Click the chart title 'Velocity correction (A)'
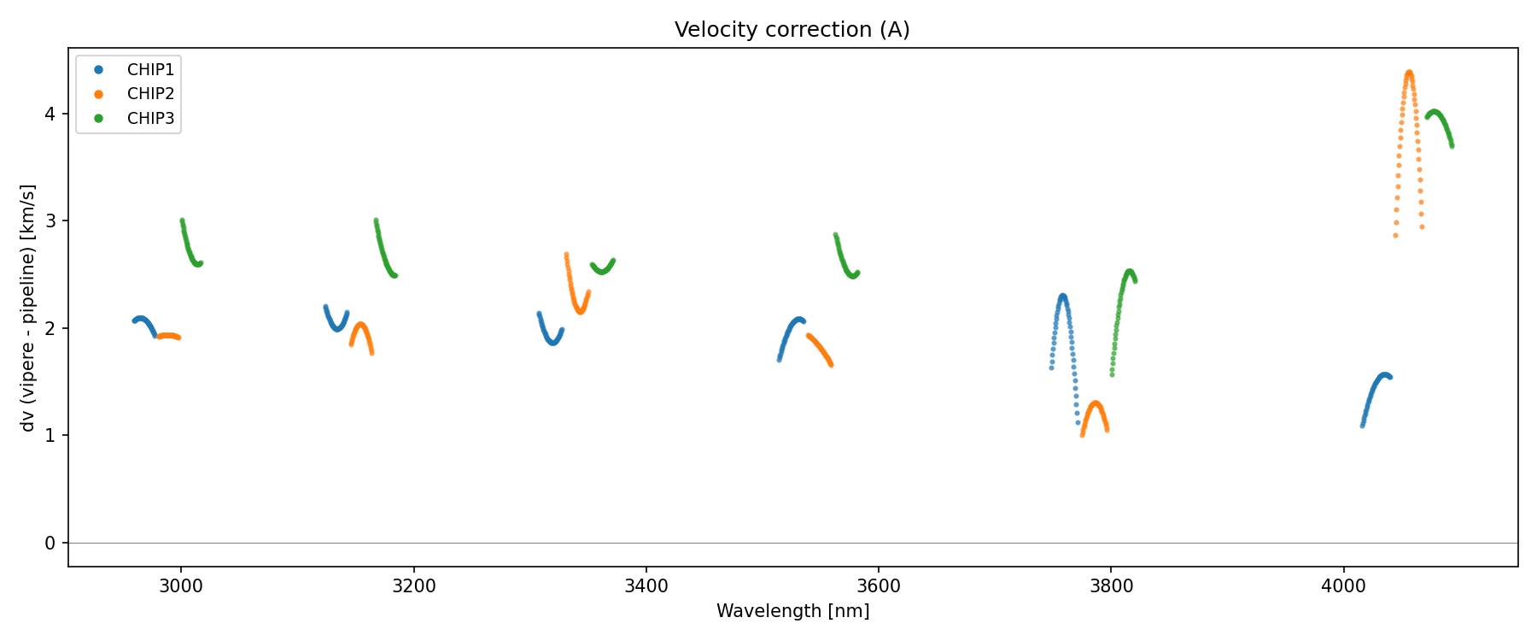pos(792,30)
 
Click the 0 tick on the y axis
pos(50,544)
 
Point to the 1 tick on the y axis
pos(50,436)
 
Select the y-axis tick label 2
pos(50,329)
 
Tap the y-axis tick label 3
pos(50,221)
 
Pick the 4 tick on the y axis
pos(50,115)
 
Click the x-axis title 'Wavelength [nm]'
pos(792,611)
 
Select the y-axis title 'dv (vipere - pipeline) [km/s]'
pos(28,308)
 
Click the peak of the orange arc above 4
pos(1408,74)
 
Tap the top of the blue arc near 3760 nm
pos(1062,297)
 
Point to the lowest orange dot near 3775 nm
pos(1082,434)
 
